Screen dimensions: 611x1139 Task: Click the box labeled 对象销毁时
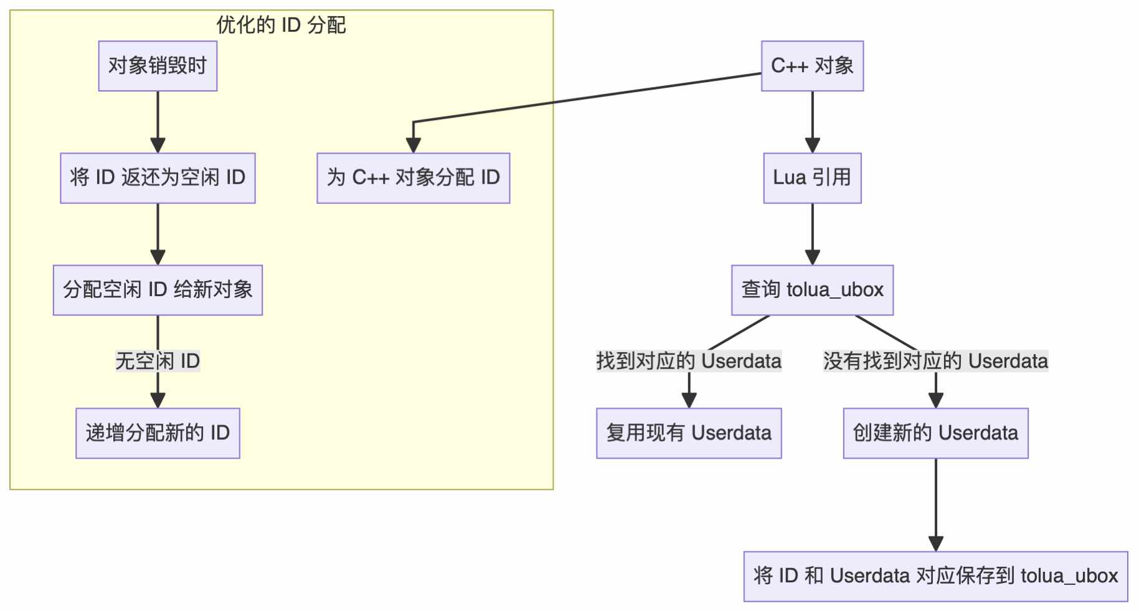158,66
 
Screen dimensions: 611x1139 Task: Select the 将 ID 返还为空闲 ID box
158,178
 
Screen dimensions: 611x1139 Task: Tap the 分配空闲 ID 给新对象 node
158,290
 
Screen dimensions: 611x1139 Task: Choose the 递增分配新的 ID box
158,433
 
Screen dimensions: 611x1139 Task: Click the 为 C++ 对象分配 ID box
413,178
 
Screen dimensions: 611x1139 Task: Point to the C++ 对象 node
812,66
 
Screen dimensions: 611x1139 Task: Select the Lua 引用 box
812,178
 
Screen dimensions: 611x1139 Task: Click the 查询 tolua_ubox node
812,290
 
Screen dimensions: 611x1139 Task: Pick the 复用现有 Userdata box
689,433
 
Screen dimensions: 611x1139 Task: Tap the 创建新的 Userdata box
935,433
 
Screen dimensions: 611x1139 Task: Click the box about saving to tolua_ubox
935,576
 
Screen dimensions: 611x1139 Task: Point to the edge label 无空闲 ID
158,361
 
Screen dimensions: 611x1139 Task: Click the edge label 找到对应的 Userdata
689,361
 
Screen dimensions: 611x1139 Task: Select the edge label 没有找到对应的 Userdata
935,361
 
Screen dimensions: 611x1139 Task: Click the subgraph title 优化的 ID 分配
281,25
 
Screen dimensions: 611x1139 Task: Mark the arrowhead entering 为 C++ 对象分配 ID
413,146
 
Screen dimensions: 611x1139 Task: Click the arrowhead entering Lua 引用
812,146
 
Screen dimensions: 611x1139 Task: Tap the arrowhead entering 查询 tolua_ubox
812,258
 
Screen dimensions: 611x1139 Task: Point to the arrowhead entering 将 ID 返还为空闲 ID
158,146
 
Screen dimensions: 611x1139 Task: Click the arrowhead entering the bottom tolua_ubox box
935,544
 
